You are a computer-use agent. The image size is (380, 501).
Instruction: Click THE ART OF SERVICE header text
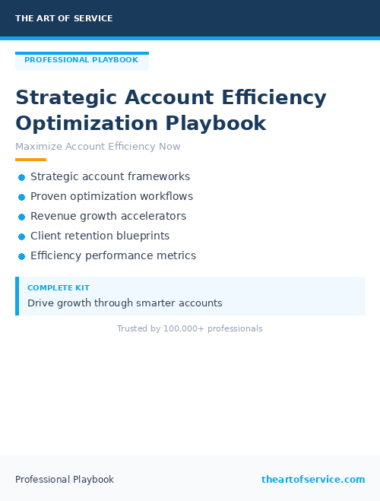(x=64, y=18)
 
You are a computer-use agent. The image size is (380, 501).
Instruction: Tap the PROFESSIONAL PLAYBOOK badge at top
(x=81, y=60)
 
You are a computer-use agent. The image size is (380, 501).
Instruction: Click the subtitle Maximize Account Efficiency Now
(x=98, y=147)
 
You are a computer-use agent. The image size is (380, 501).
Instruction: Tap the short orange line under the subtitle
(x=30, y=160)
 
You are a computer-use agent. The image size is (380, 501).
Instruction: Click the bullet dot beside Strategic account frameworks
(x=21, y=177)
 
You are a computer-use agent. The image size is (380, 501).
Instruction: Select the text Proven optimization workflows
(x=112, y=196)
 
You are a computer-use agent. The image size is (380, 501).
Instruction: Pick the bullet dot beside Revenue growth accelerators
(x=21, y=217)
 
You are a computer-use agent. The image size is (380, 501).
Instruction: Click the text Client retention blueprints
(x=100, y=236)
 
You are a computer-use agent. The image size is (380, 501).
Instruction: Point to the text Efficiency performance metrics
(x=113, y=255)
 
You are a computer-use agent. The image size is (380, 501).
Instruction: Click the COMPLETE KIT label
(x=59, y=288)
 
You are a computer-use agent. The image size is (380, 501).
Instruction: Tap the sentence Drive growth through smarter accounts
(x=125, y=303)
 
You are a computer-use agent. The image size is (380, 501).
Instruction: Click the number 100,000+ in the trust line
(x=183, y=328)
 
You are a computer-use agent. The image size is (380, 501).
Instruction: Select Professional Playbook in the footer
(x=65, y=480)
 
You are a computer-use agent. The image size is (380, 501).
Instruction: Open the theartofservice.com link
(x=313, y=480)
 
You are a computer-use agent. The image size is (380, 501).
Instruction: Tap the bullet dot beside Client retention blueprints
(x=21, y=236)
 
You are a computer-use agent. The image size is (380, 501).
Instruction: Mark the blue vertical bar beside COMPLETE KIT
(x=17, y=296)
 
